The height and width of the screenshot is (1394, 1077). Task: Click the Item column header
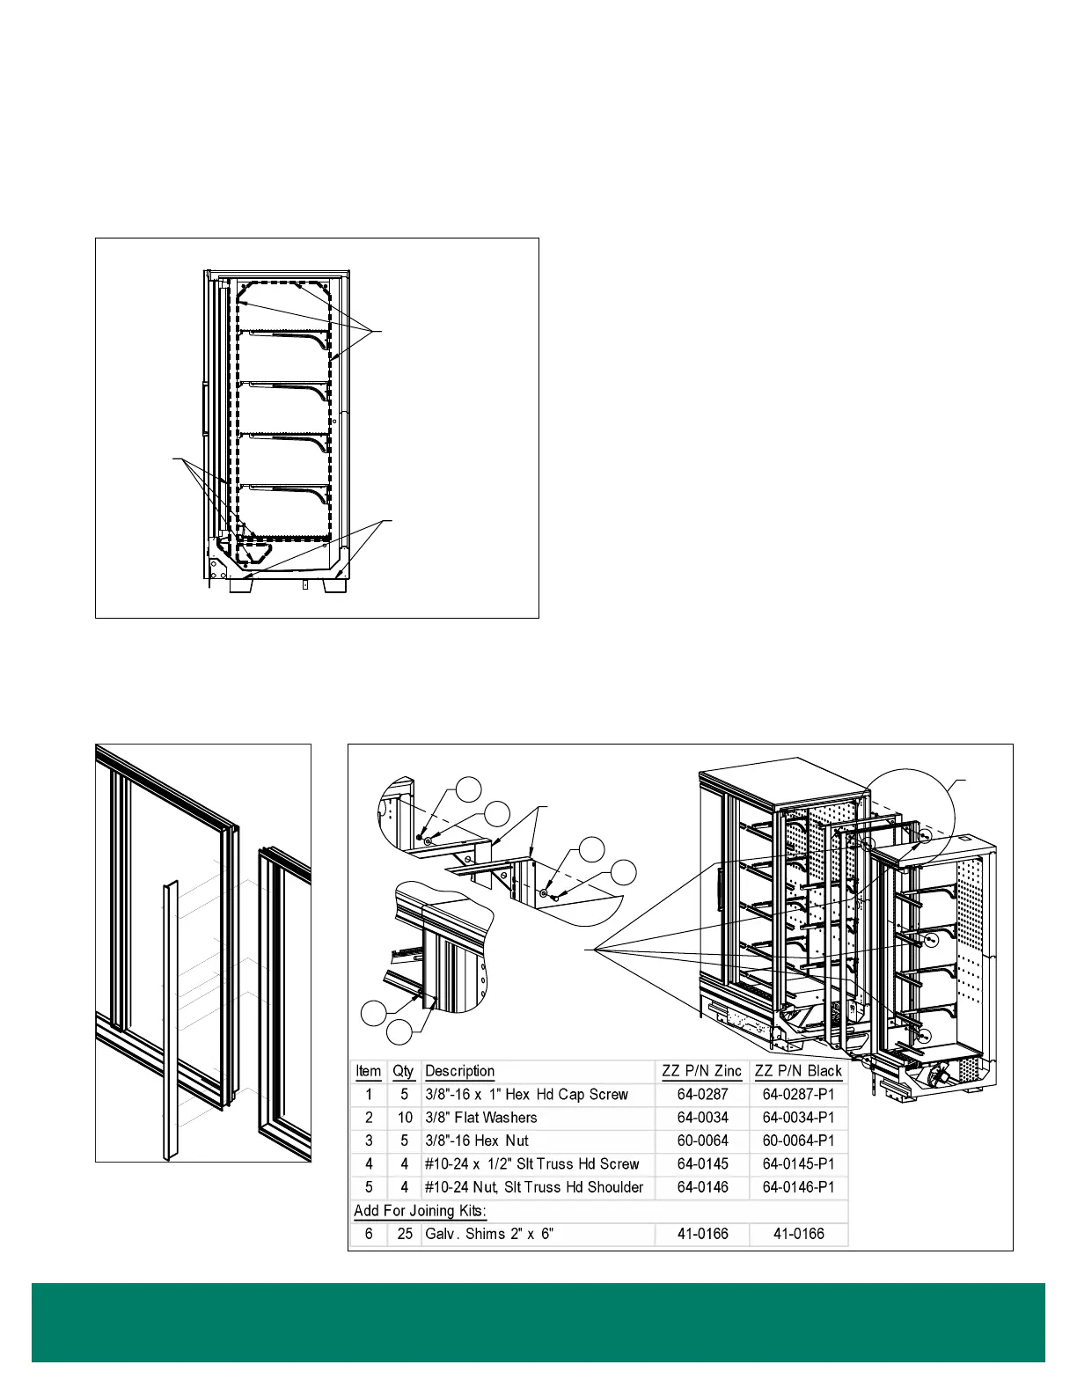pos(368,1071)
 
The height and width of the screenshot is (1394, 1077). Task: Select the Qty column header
pos(403,1071)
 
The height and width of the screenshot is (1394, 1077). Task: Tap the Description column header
pos(459,1071)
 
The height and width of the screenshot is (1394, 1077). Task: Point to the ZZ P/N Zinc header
pos(701,1071)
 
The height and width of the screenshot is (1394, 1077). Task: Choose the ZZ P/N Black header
pos(798,1071)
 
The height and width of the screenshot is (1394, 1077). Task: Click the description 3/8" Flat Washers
pos(480,1118)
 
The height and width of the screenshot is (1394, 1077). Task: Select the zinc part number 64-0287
pos(702,1095)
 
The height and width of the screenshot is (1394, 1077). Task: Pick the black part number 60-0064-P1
pos(798,1141)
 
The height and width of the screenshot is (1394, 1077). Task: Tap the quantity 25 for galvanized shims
pos(404,1234)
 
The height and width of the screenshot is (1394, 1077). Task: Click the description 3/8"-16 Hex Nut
pos(477,1141)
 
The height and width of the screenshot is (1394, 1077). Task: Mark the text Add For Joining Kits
pos(420,1211)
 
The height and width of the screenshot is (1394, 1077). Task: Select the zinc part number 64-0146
pos(702,1187)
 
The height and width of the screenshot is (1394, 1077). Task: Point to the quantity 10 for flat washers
pos(404,1118)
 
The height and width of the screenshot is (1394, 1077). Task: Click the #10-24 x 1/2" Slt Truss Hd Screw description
pos(531,1163)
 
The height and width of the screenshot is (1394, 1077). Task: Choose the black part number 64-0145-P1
pos(798,1163)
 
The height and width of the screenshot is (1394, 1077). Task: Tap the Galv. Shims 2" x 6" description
pos(489,1234)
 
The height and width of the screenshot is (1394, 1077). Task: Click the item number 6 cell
pos(369,1234)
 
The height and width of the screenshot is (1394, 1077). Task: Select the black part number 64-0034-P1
pos(798,1118)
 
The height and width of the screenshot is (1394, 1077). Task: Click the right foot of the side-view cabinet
pos(334,585)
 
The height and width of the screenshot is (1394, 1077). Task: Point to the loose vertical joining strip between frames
pos(169,1021)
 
